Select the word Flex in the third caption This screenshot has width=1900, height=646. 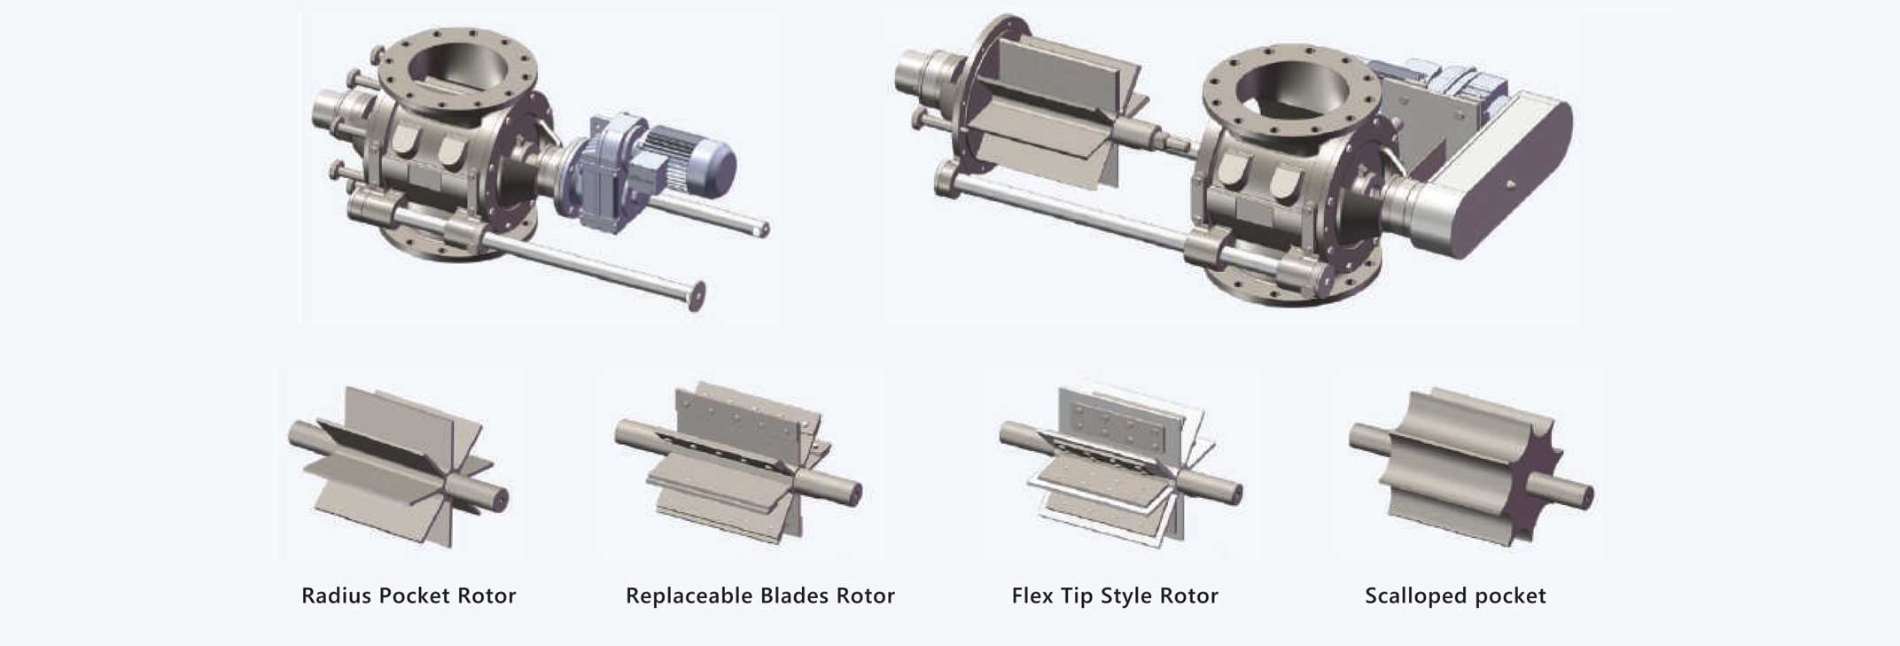[x=1032, y=595]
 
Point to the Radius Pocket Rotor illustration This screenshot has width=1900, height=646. [x=399, y=465]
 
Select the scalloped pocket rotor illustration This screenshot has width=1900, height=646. [x=1471, y=465]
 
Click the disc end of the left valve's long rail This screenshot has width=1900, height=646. [x=698, y=295]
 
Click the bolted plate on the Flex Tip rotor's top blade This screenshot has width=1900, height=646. [x=1117, y=423]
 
